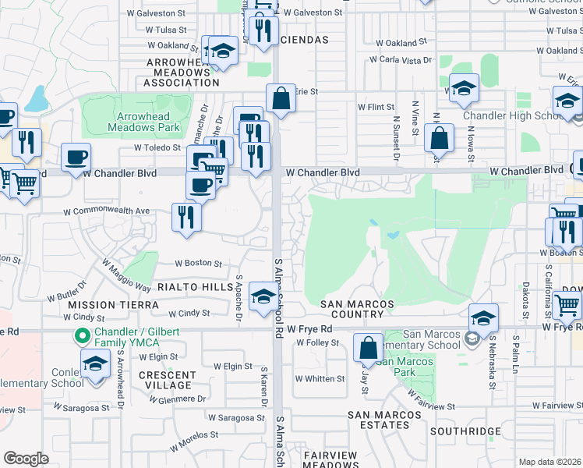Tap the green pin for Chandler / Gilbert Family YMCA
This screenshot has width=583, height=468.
click(x=79, y=336)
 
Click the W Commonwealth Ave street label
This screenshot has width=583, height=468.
click(x=106, y=211)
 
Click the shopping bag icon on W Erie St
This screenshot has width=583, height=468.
click(x=280, y=99)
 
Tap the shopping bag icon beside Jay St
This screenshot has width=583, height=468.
click(x=368, y=347)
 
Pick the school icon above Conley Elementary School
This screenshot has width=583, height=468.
click(x=96, y=364)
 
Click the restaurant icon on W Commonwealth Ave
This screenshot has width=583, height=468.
click(x=186, y=216)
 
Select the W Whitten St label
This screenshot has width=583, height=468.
click(x=320, y=379)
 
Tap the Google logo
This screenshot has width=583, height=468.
click(x=26, y=459)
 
